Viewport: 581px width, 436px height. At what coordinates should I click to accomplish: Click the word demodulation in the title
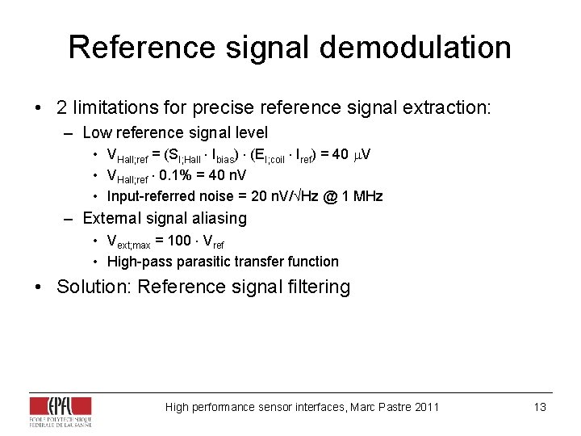[x=416, y=48]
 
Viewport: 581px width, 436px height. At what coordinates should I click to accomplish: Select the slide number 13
[x=540, y=407]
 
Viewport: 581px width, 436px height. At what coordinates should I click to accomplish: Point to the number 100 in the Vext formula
[x=179, y=241]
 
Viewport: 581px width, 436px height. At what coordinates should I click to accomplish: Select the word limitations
[x=114, y=107]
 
